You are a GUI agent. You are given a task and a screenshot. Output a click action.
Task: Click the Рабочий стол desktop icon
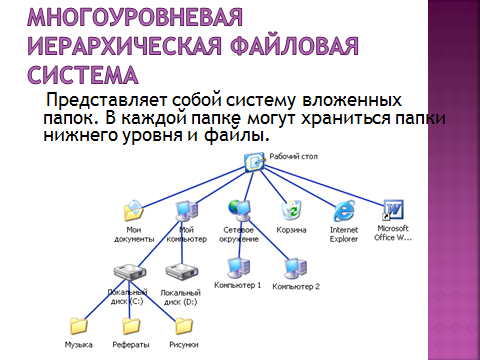[255, 163]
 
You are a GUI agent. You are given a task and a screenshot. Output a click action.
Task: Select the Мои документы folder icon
[134, 211]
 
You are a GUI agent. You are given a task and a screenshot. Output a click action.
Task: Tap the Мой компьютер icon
[187, 211]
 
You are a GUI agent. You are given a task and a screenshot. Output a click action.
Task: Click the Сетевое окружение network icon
[239, 210]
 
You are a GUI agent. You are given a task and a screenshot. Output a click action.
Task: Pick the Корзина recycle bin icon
[291, 210]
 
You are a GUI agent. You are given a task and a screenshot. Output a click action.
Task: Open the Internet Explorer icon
[344, 211]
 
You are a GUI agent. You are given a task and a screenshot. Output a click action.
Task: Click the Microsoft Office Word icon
[393, 210]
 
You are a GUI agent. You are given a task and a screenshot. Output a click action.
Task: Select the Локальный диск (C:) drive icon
[130, 272]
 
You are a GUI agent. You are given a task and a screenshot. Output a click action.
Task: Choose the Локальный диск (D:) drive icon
[182, 272]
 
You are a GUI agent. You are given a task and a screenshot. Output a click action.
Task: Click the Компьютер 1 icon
[239, 268]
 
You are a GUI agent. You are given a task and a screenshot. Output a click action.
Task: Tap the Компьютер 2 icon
[295, 269]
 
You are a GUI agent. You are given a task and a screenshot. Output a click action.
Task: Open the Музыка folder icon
[79, 326]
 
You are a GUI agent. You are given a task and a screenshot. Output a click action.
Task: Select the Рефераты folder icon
[131, 326]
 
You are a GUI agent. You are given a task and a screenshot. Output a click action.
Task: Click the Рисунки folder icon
[184, 326]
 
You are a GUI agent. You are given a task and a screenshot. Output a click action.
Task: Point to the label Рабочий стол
[293, 157]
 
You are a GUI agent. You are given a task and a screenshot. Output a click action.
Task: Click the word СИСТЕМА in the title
[82, 75]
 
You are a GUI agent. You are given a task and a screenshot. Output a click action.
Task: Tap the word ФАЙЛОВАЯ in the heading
[294, 46]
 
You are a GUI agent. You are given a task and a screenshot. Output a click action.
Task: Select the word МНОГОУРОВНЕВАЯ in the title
[135, 17]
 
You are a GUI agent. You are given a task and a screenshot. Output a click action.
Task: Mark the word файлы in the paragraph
[236, 135]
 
